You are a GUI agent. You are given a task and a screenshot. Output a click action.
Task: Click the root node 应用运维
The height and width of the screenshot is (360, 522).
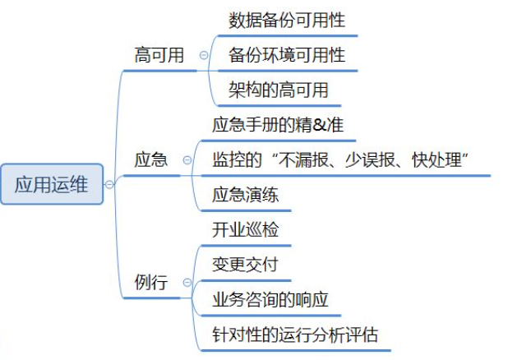point(51,183)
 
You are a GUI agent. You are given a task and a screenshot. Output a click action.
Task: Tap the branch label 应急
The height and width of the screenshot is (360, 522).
point(150,160)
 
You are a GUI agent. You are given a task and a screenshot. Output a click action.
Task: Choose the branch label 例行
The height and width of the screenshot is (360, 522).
point(150,284)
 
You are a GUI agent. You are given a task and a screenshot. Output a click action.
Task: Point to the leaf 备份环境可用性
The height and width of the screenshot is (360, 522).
point(281,56)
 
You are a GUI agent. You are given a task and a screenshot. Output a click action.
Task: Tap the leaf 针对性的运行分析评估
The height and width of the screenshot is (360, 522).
point(295,335)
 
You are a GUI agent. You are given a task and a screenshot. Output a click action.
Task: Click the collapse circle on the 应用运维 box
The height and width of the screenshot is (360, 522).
point(109,184)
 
